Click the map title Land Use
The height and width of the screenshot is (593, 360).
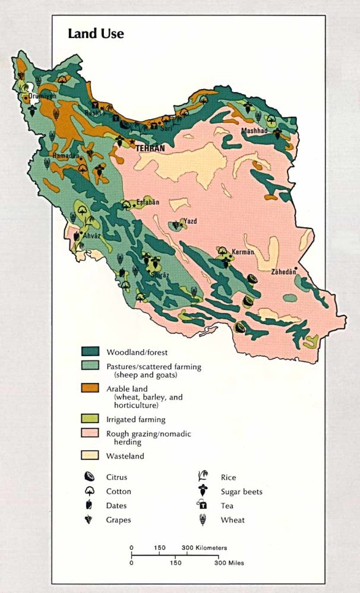96,33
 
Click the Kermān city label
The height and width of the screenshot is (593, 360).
243,252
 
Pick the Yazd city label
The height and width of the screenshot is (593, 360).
191,221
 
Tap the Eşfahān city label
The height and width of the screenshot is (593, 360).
149,202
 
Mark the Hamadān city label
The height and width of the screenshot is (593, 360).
65,156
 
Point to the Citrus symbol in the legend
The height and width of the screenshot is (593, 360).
89,477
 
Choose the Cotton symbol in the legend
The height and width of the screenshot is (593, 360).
89,491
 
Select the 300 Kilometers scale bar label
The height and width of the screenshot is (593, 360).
204,548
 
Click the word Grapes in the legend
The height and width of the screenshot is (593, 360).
119,520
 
